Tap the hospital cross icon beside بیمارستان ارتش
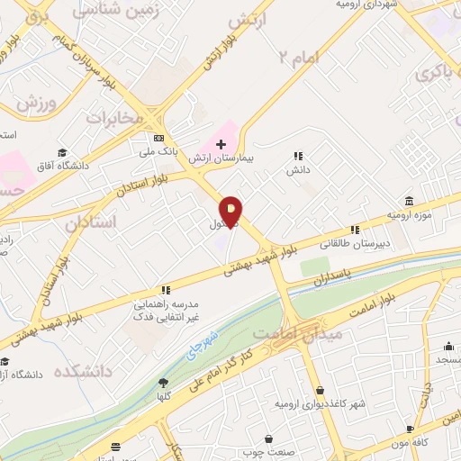tap(221, 144)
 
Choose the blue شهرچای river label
tap(205, 343)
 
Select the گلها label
tap(165, 396)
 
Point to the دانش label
tap(298, 169)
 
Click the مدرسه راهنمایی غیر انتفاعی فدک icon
tap(165, 290)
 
